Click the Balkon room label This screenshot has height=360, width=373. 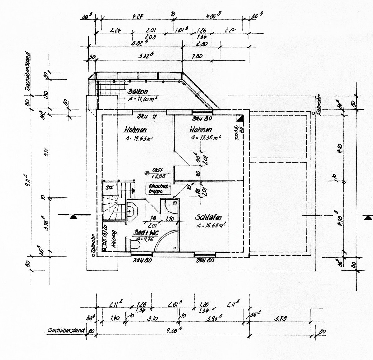138,92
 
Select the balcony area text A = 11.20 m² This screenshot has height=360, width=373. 142,99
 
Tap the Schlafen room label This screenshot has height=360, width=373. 209,217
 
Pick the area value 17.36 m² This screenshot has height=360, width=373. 205,138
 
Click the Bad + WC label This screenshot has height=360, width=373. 145,233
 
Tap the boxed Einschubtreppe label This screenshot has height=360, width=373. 159,189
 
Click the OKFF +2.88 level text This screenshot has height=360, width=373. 158,173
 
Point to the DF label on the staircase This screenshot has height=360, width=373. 109,188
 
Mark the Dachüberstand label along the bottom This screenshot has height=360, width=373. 66,330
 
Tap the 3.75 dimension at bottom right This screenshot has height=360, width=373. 280,318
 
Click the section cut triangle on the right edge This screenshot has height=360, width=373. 368,217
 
